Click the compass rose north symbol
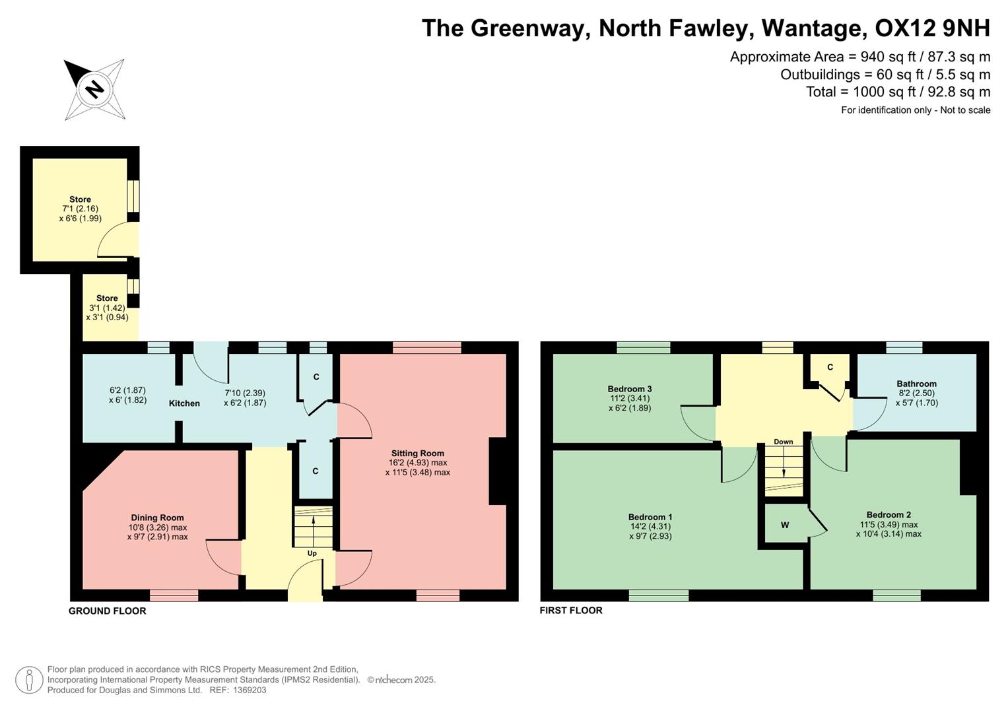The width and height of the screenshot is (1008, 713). click(x=94, y=89)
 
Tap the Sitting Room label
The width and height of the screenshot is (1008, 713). click(x=417, y=454)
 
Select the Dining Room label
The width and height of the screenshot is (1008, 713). click(x=157, y=518)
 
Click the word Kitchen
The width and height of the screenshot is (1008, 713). click(x=184, y=403)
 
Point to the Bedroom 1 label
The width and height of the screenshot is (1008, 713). click(x=650, y=517)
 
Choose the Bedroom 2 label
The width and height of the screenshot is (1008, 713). click(x=889, y=515)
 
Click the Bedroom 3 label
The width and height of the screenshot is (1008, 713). click(x=630, y=389)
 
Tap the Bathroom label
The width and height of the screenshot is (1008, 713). click(x=916, y=384)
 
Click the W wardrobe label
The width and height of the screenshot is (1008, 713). click(x=785, y=525)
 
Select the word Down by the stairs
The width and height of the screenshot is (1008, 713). click(x=784, y=442)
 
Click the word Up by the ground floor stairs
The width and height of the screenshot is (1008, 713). click(x=312, y=553)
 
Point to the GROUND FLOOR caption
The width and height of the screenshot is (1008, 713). click(x=108, y=611)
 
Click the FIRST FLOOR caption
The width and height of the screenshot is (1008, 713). click(x=571, y=611)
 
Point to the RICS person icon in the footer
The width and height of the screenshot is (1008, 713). click(x=28, y=680)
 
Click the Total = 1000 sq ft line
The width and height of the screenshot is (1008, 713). click(x=898, y=92)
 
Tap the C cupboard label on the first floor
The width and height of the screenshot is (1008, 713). click(x=830, y=368)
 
